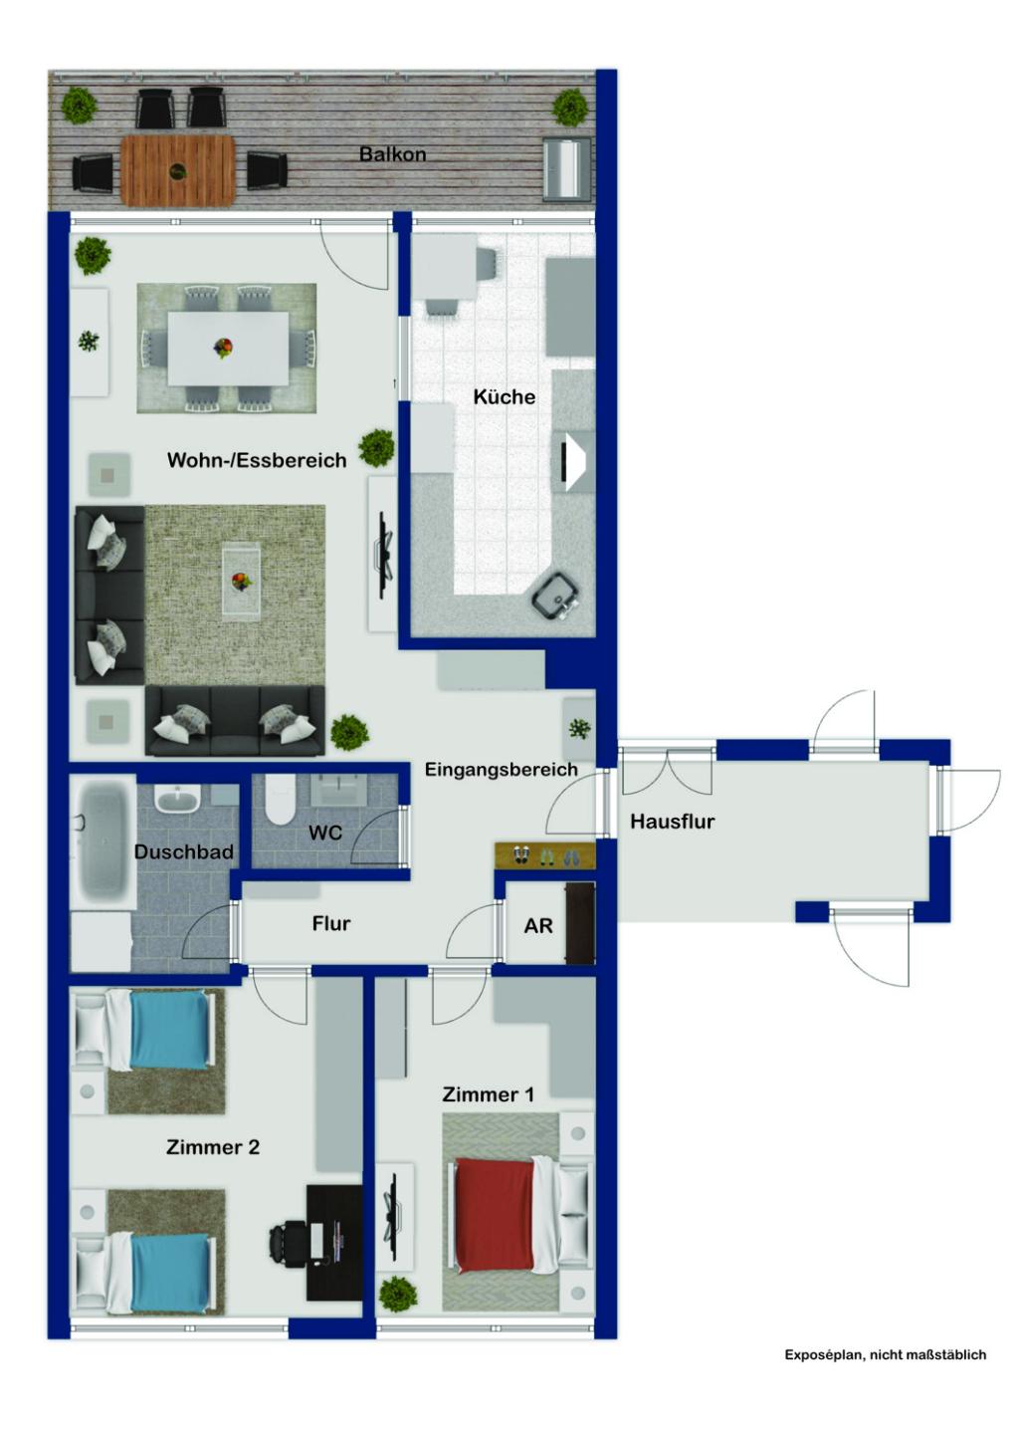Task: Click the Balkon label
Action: click(x=392, y=154)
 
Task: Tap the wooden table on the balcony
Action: click(x=178, y=170)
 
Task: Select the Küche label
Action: click(x=504, y=396)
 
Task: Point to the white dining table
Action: click(x=228, y=349)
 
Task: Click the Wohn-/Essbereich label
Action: click(x=257, y=460)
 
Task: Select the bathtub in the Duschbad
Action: click(x=102, y=842)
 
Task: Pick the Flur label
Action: click(x=331, y=924)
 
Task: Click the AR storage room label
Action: click(x=537, y=926)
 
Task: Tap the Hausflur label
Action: click(x=672, y=822)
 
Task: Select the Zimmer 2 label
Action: click(x=213, y=1147)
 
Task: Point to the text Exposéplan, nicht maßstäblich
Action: click(x=885, y=1354)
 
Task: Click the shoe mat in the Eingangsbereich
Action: click(x=544, y=855)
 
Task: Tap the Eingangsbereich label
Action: click(x=501, y=770)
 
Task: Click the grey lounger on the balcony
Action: click(x=566, y=169)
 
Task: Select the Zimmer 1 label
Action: click(x=488, y=1094)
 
